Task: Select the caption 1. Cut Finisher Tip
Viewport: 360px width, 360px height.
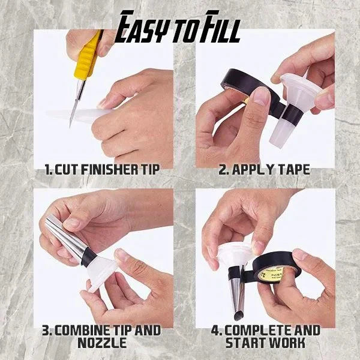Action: coord(103,170)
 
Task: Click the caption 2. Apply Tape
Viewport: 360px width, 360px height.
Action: coord(264,170)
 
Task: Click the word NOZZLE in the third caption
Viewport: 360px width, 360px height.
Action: coord(103,343)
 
